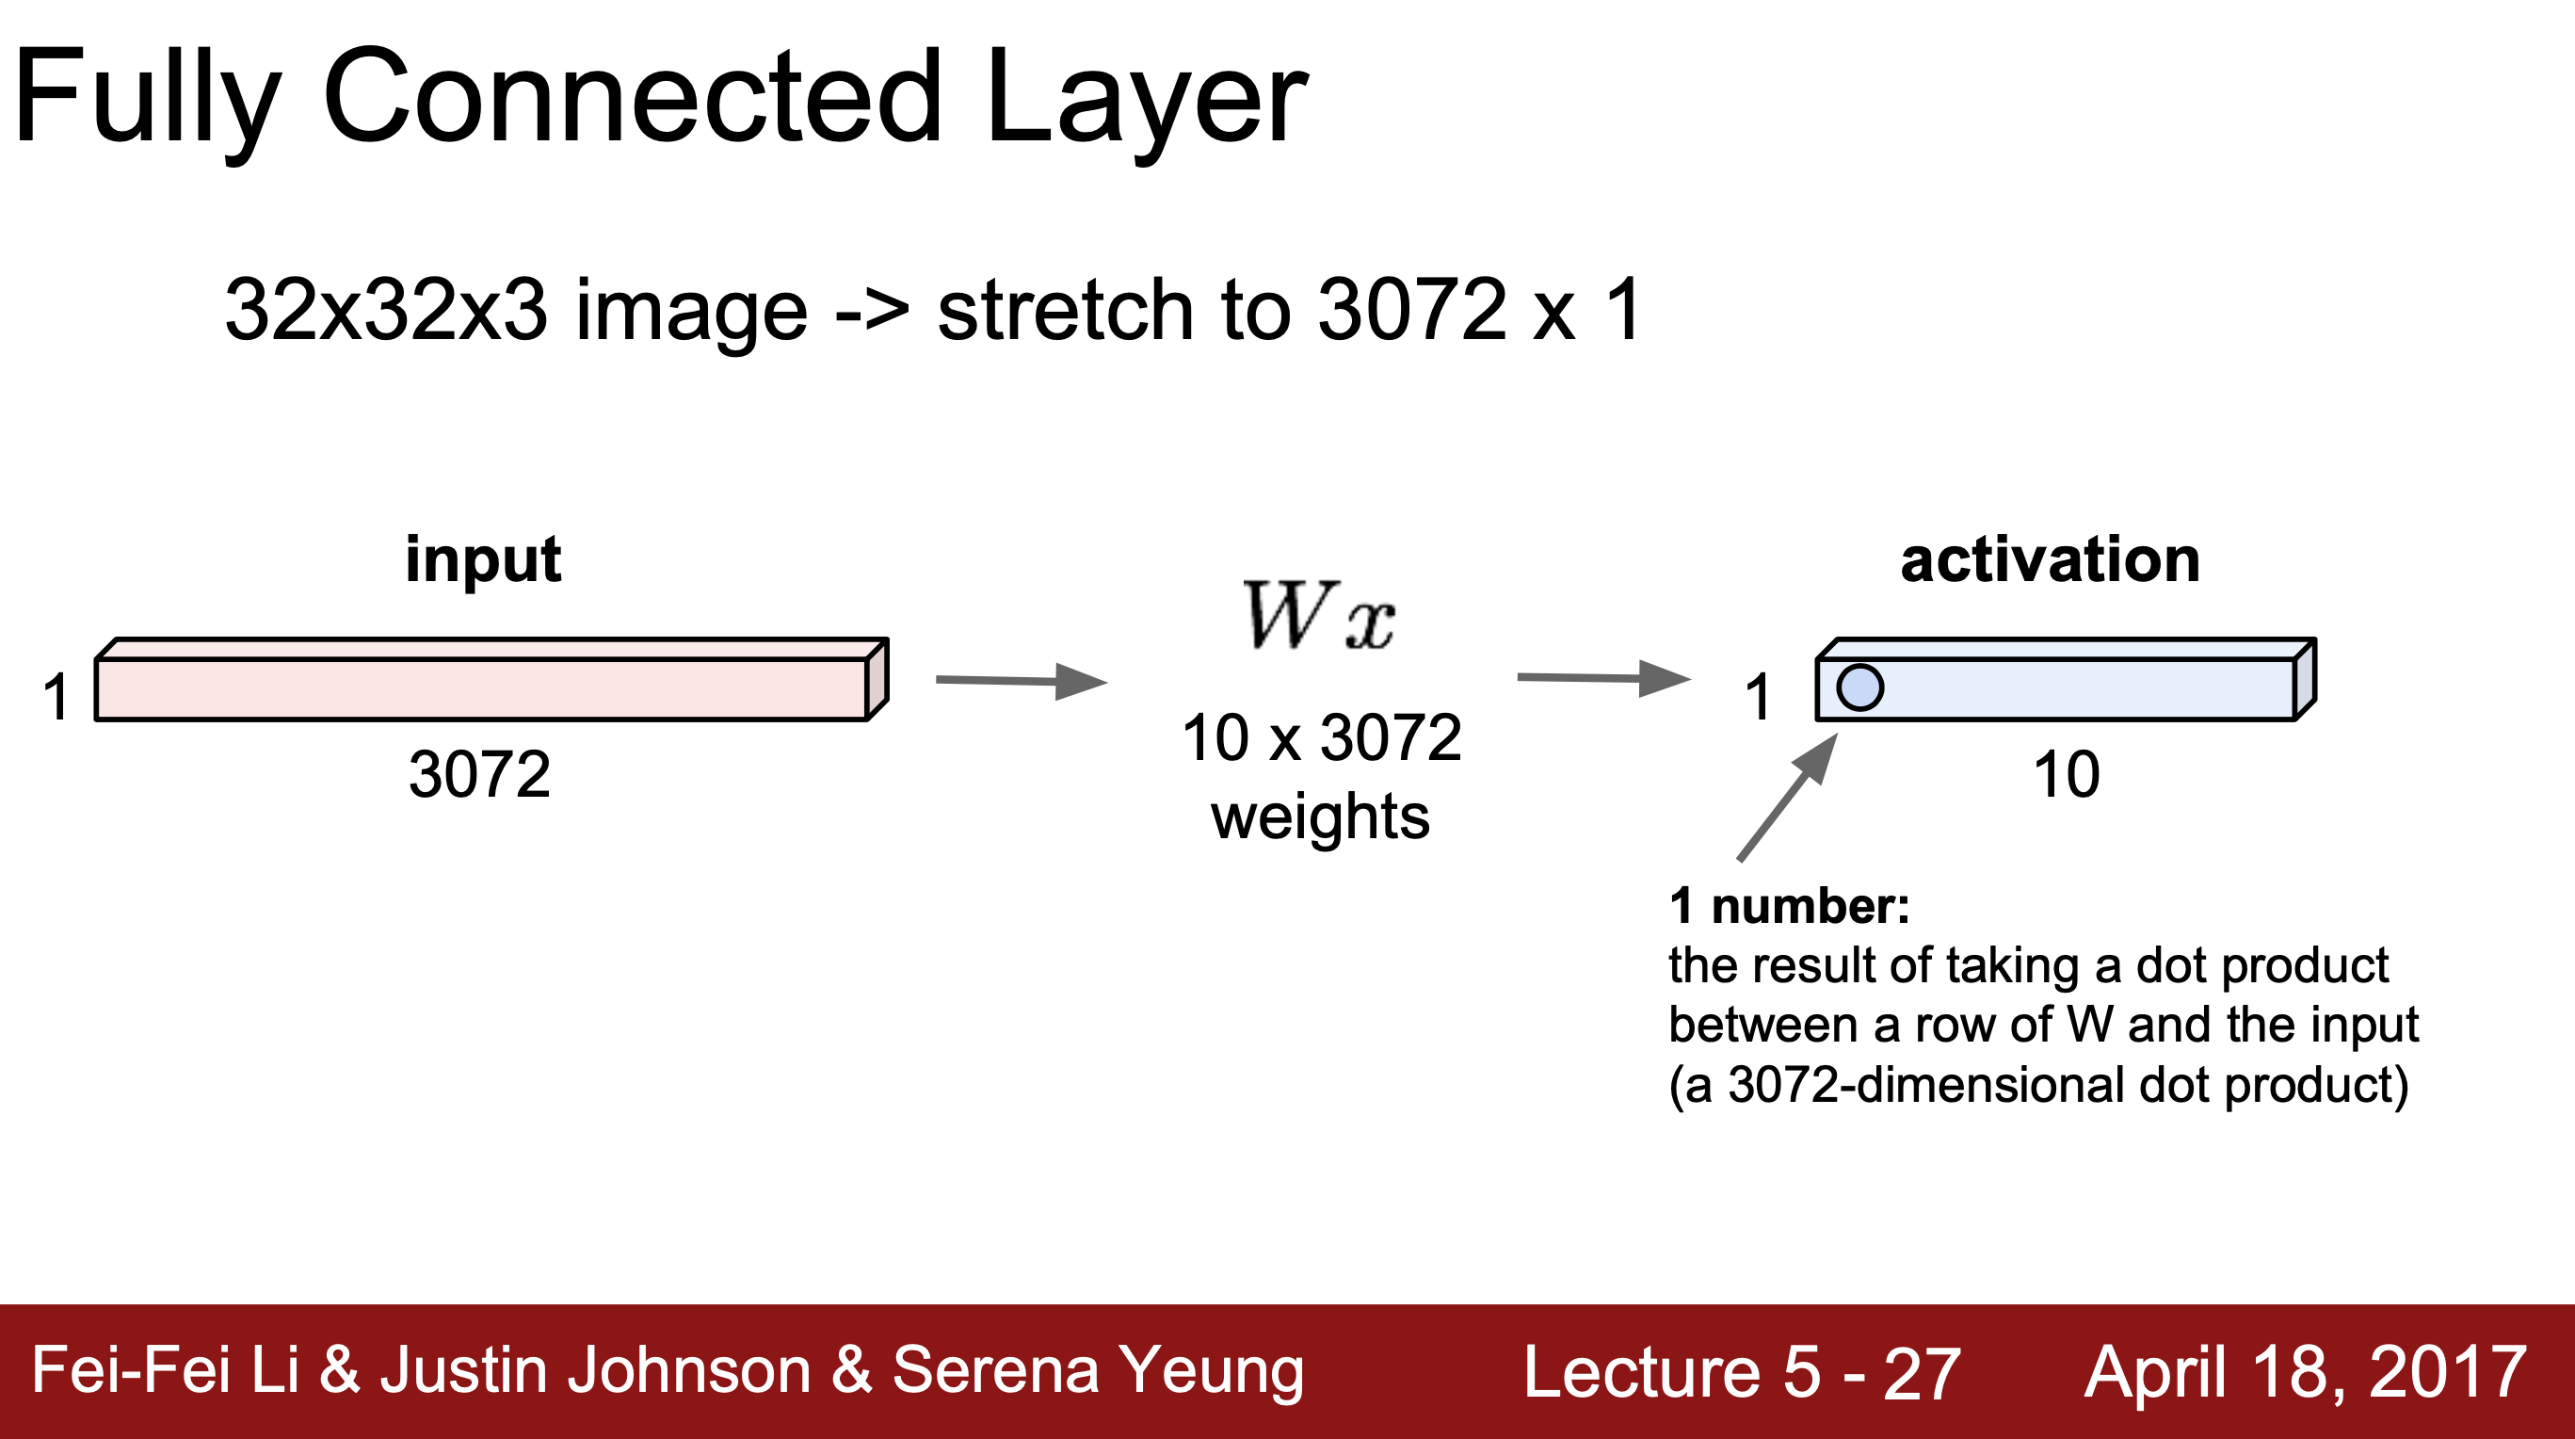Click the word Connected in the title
(x=632, y=98)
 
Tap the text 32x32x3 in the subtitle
(x=386, y=310)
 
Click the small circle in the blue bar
(x=1859, y=688)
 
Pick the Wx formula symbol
(x=1317, y=616)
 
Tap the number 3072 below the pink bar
(x=479, y=774)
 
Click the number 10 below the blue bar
(x=2067, y=774)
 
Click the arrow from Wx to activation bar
(x=1603, y=678)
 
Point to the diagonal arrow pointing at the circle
(x=1787, y=796)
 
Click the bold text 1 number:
(x=1789, y=906)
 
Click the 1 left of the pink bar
(x=56, y=696)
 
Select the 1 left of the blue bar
(x=1758, y=696)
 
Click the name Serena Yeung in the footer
(x=1098, y=1370)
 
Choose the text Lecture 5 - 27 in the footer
(x=1742, y=1372)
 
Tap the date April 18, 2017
(x=2305, y=1372)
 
